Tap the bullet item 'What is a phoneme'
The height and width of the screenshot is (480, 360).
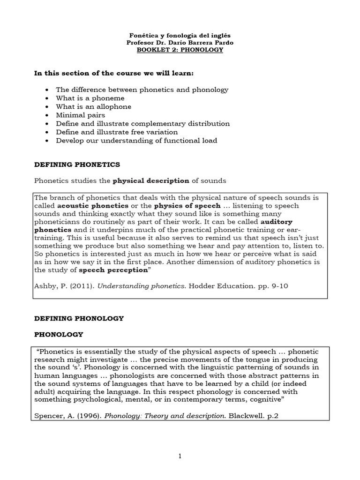point(90,98)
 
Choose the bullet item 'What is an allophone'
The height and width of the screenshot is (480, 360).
point(93,106)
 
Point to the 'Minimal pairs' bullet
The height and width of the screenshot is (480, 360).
point(80,115)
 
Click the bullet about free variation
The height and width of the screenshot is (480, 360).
point(117,132)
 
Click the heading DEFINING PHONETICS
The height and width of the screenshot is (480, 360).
point(77,165)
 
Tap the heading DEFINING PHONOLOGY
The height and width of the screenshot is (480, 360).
point(80,318)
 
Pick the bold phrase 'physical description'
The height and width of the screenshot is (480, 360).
point(150,180)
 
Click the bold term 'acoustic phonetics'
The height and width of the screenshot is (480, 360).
point(93,206)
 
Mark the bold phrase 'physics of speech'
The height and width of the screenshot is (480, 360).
point(187,206)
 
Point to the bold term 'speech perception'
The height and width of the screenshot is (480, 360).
point(107,270)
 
